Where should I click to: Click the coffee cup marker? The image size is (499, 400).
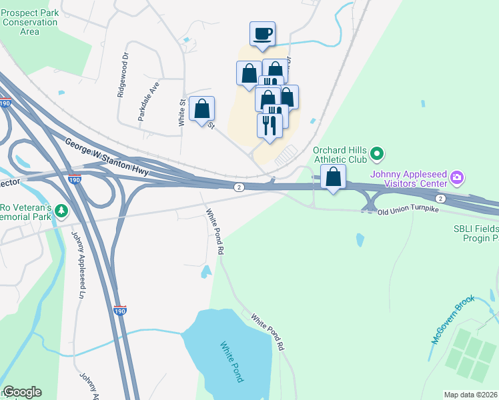262,33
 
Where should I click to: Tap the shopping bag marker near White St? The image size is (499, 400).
201,109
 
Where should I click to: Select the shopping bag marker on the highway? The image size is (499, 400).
333,177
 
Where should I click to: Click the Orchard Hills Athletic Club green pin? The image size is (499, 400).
377,155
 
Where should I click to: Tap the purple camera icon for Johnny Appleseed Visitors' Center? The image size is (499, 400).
458,177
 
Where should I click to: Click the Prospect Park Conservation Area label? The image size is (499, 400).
29,22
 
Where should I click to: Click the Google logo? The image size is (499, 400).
22,392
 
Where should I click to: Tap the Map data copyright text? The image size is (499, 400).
471,395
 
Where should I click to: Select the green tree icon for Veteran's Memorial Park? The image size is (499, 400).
62,211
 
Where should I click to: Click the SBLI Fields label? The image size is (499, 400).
472,228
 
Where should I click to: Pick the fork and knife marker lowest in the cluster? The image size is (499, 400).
270,125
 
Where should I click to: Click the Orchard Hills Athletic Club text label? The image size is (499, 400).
340,155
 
